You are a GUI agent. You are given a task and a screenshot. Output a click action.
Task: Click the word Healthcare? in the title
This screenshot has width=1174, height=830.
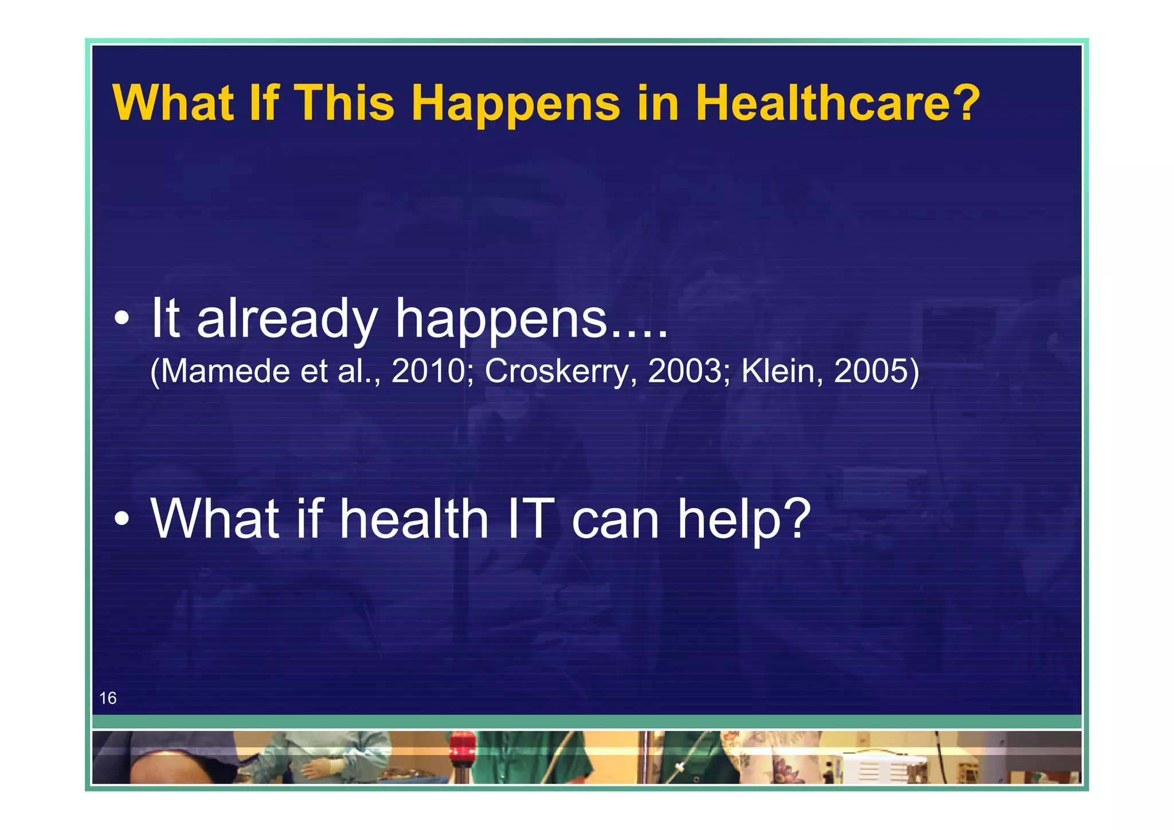(838, 103)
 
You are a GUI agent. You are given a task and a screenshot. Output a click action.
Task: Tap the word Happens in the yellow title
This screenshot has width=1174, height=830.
(516, 104)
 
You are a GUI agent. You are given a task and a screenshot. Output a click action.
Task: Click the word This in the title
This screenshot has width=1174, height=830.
(344, 103)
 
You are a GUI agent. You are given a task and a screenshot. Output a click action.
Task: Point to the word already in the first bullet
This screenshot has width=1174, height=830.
(287, 319)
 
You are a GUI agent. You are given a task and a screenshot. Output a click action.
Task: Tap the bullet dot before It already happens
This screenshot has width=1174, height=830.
(122, 319)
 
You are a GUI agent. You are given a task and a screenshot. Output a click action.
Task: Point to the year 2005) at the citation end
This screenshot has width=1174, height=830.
(876, 371)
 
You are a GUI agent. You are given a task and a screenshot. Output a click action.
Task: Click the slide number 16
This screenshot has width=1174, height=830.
(108, 698)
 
